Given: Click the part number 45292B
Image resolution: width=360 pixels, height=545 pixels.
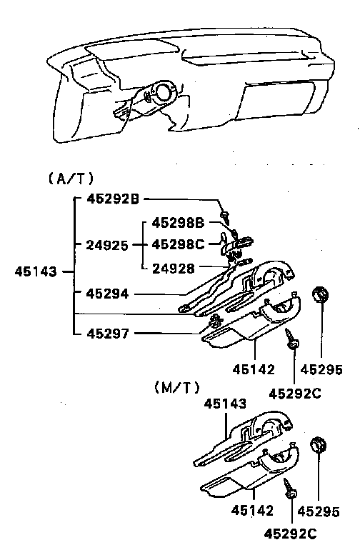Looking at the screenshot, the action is point(113,199).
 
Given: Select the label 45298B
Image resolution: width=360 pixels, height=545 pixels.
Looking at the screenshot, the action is point(178,223).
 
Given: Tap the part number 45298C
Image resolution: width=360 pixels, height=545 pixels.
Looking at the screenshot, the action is point(178,245).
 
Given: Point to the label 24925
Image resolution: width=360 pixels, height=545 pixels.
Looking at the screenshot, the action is point(107,246).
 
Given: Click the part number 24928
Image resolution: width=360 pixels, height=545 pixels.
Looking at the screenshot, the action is point(174,269).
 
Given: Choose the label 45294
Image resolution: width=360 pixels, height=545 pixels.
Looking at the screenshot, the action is point(107,294).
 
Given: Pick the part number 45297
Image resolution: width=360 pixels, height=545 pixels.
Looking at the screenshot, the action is point(108,334).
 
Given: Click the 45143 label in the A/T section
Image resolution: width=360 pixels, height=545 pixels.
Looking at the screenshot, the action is point(36,271).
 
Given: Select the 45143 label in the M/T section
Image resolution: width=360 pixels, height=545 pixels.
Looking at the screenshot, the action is point(225,404).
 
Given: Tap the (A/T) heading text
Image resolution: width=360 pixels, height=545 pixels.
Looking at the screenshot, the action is point(71,179).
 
